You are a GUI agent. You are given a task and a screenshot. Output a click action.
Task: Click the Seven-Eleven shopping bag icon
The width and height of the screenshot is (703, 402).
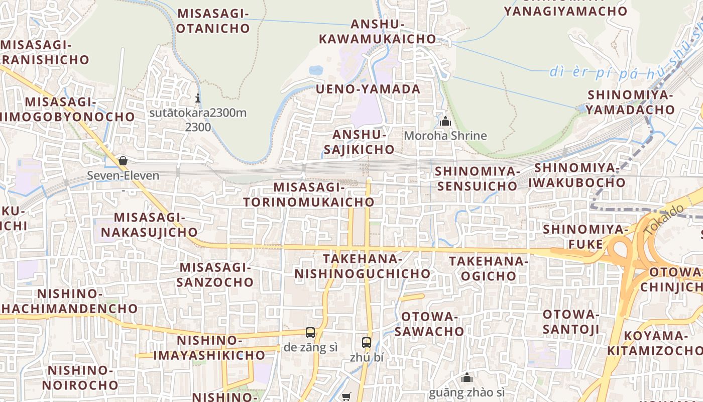[x=123, y=161]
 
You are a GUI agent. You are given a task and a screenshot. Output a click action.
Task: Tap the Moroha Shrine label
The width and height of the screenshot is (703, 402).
[x=445, y=136]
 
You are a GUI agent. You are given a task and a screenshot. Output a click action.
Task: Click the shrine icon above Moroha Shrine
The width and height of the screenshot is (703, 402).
[x=445, y=121]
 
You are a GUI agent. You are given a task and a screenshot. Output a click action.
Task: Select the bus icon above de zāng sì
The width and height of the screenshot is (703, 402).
[x=310, y=333]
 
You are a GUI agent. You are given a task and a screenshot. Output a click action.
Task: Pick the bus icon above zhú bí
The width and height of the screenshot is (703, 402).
[x=367, y=343]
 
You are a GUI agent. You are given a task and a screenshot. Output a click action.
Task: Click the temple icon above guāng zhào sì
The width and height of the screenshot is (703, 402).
[x=467, y=377]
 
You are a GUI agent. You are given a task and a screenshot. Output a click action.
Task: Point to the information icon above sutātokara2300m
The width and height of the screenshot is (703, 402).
[x=198, y=98]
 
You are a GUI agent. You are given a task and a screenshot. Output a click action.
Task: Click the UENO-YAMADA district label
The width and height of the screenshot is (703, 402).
[x=368, y=89]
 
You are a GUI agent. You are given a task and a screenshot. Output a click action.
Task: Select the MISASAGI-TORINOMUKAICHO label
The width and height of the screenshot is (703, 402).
[x=309, y=195]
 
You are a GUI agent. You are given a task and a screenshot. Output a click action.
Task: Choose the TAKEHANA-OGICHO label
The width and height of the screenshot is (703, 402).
[x=489, y=268]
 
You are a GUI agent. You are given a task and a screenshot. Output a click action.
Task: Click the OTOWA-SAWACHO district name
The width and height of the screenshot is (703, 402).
[x=429, y=324]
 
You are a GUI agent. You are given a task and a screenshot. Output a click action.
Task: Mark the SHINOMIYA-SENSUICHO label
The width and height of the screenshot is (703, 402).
[x=477, y=179]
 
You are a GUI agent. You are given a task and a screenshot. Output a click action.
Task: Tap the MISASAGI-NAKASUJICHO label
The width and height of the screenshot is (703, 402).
[x=150, y=225]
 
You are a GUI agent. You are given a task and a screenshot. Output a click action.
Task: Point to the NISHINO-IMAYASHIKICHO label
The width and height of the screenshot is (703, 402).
[x=209, y=348]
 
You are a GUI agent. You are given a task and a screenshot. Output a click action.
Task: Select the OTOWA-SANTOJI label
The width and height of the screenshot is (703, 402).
[x=571, y=322]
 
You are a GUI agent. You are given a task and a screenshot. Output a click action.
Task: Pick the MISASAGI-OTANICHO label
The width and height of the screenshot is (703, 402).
[x=213, y=21]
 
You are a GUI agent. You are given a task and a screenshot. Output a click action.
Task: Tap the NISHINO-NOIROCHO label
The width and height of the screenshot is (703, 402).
[x=80, y=378]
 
